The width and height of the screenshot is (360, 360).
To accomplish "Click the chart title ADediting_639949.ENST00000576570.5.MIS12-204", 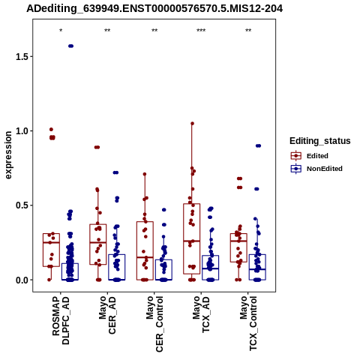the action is [x=154, y=8].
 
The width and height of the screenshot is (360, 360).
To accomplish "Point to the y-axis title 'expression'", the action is [x=8, y=155].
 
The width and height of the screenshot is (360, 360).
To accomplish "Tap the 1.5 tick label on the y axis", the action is [x=21, y=56].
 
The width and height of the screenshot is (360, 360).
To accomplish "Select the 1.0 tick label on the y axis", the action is [x=21, y=131].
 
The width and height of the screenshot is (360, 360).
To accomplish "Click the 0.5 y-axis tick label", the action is [x=21, y=205].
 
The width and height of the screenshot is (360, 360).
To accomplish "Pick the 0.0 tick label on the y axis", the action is [x=21, y=280].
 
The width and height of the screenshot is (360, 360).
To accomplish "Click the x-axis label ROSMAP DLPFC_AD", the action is [x=61, y=320].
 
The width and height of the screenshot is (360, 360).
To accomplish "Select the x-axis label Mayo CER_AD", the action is [x=107, y=315].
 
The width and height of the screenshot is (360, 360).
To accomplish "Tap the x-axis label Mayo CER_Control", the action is [x=154, y=324].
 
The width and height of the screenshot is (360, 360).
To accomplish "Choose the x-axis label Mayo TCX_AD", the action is [x=201, y=314].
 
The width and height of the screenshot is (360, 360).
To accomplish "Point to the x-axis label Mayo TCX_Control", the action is [x=248, y=323].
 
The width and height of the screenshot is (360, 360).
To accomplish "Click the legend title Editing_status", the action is [x=320, y=141].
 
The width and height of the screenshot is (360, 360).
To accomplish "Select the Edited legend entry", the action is [x=310, y=156].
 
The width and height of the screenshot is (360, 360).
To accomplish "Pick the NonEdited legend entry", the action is [x=316, y=169].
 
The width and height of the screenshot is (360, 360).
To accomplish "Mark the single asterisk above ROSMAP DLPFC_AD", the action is [x=61, y=31].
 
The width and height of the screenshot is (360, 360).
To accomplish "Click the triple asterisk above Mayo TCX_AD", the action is [x=201, y=31].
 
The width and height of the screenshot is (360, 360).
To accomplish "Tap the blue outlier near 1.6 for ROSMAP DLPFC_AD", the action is [x=70, y=46].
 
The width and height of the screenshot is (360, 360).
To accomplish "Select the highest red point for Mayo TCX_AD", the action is [x=192, y=124].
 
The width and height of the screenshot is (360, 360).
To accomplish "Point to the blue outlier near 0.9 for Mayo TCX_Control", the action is [x=258, y=145].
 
